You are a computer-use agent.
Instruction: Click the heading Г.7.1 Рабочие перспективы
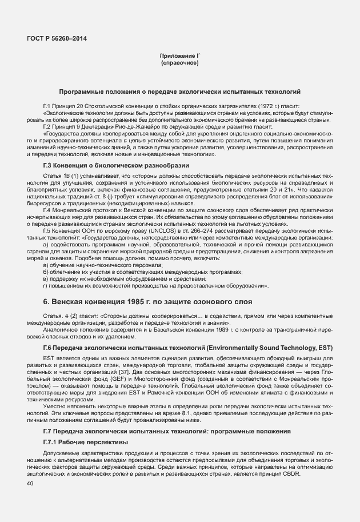[86, 443]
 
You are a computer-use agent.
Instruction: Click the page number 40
[30, 484]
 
